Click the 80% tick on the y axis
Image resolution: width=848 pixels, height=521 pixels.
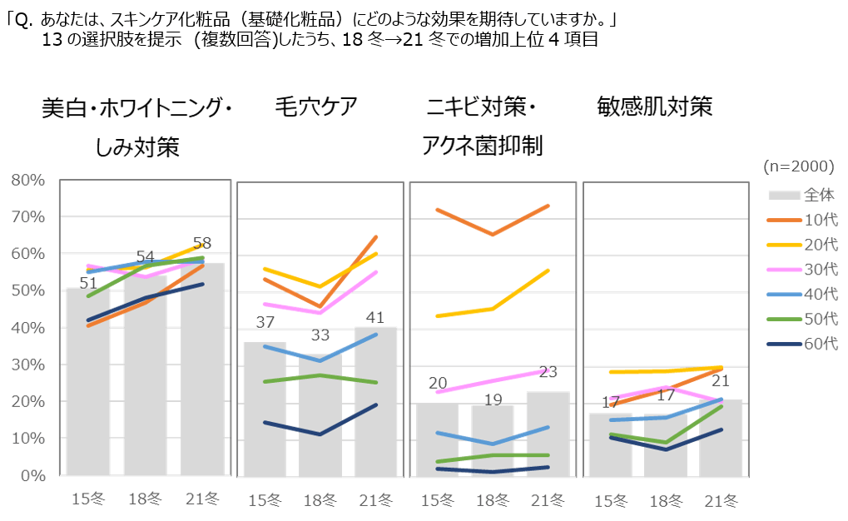28,180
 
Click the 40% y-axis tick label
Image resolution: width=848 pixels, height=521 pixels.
28,328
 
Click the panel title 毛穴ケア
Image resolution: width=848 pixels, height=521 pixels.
316,107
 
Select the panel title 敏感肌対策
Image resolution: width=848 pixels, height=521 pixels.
654,107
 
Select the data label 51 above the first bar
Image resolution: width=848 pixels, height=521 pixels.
88,283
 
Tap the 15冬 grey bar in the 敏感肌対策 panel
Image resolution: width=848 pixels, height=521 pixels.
610,444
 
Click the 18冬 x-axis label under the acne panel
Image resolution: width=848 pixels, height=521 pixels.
493,500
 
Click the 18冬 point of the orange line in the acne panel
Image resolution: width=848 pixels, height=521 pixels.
493,235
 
